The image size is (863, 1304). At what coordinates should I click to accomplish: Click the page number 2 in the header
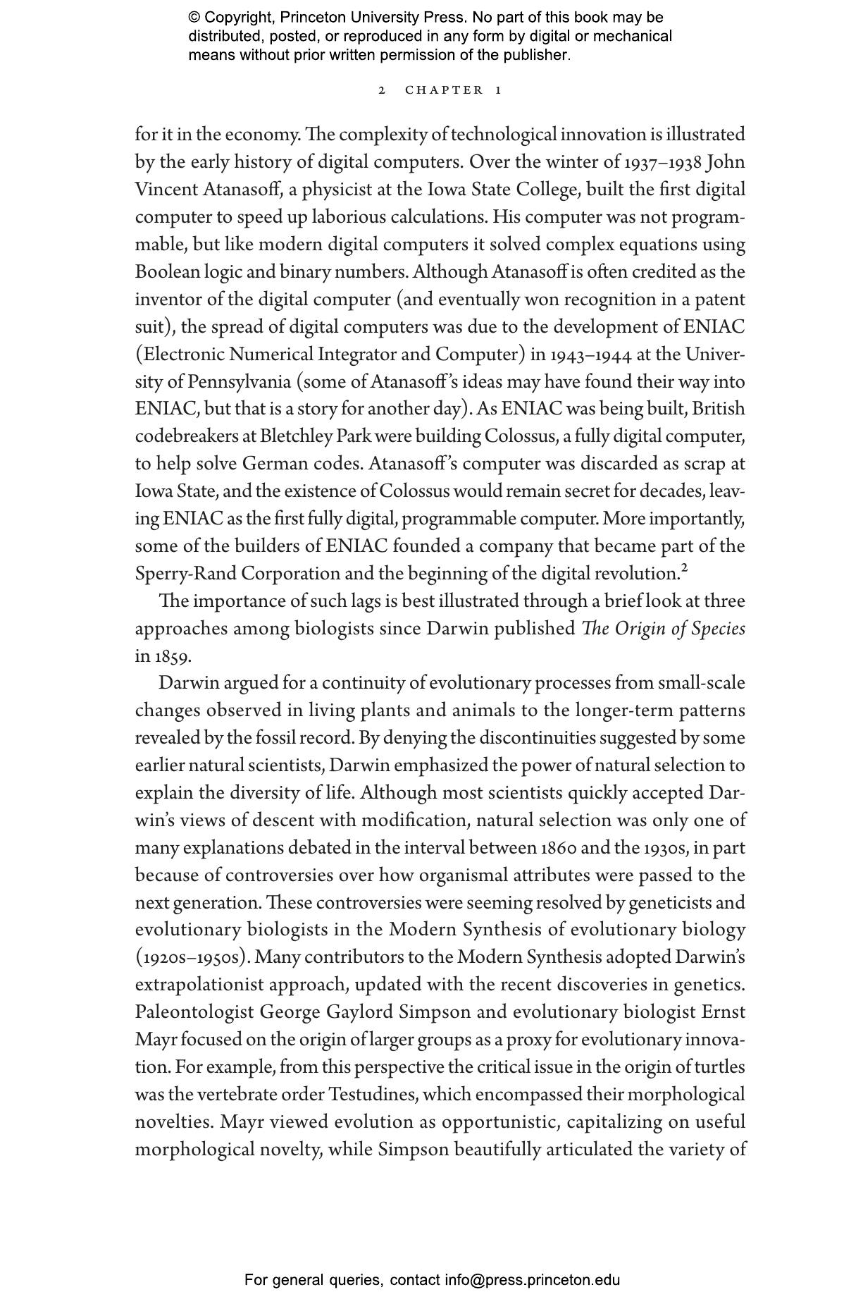pos(382,90)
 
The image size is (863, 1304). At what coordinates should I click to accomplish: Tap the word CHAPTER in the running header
pos(444,90)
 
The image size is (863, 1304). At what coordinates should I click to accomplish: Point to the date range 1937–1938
pos(663,162)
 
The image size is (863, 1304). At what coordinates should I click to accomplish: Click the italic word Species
pos(718,629)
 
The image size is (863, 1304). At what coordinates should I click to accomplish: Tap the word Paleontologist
pos(194,1013)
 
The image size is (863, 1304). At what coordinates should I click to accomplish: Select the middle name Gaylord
pos(359,1013)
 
